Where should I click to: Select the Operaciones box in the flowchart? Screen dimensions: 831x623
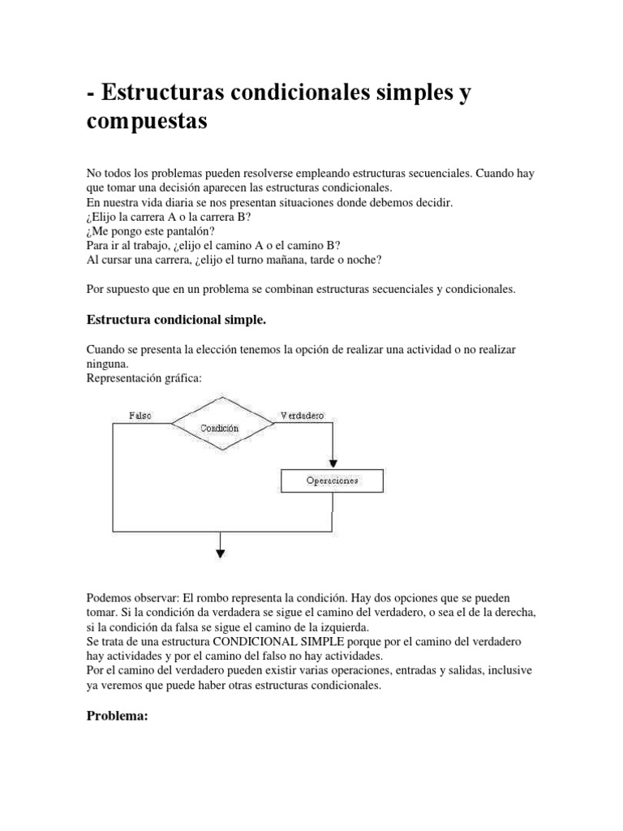(x=332, y=480)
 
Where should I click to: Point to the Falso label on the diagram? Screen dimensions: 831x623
(x=140, y=415)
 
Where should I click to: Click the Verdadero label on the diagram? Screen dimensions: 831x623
(x=302, y=415)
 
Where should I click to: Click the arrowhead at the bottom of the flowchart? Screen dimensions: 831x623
(x=220, y=554)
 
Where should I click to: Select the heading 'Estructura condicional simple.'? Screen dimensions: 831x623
(x=176, y=321)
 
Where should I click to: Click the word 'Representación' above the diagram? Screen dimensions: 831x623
(x=122, y=377)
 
